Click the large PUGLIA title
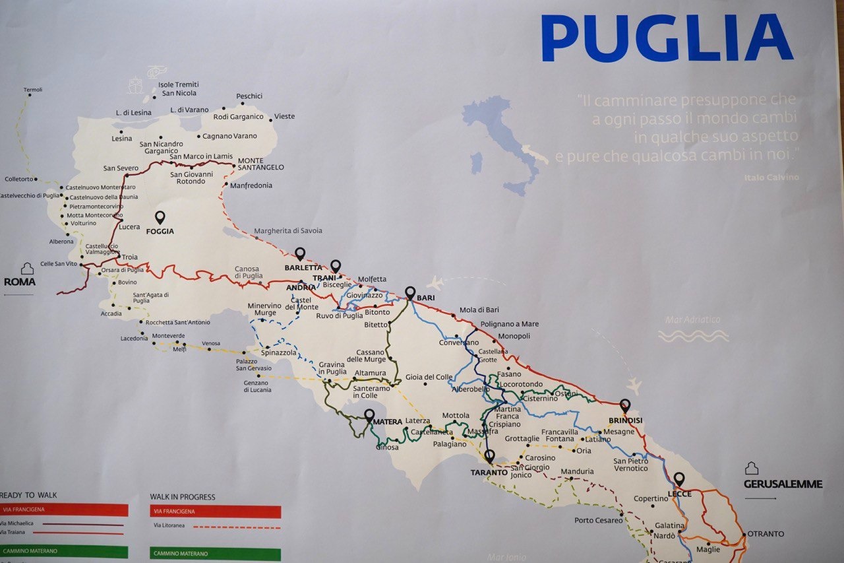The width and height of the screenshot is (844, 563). coord(667,38)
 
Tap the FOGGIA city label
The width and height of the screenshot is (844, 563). coord(161,232)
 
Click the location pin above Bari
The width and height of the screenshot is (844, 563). coord(410,292)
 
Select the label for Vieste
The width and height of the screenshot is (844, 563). coord(285,117)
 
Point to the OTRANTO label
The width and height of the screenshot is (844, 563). coord(766,534)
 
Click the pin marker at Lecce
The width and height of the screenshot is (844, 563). coord(678,479)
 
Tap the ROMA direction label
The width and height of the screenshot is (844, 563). coord(20,282)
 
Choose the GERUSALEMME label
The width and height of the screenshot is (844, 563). coord(783,484)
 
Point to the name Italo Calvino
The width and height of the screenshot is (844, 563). coord(771,178)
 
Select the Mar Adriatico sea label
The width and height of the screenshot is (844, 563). coord(693,320)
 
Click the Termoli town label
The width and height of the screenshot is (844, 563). coord(32,90)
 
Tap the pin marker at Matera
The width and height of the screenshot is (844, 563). coord(369,415)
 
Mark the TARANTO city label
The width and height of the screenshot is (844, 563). coord(489,473)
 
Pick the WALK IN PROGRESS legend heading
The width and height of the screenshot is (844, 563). coord(183,497)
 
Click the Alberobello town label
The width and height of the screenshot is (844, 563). coord(471,389)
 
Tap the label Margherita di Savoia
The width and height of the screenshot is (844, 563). coord(289,230)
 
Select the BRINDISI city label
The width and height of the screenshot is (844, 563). coord(626,420)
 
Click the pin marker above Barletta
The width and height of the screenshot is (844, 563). coord(300,253)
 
